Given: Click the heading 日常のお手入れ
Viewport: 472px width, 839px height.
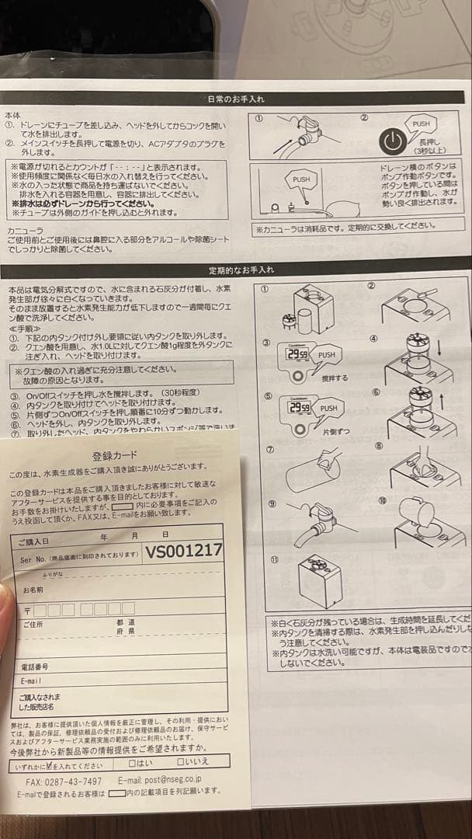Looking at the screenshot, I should click(x=236, y=99).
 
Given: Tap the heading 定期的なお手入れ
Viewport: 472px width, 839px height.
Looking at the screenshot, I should click(x=236, y=270).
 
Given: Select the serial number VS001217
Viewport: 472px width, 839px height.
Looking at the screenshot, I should click(x=184, y=551).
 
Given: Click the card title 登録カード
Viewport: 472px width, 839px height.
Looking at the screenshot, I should click(x=113, y=455).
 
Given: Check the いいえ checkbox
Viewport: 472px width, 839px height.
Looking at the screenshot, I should click(x=187, y=762).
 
